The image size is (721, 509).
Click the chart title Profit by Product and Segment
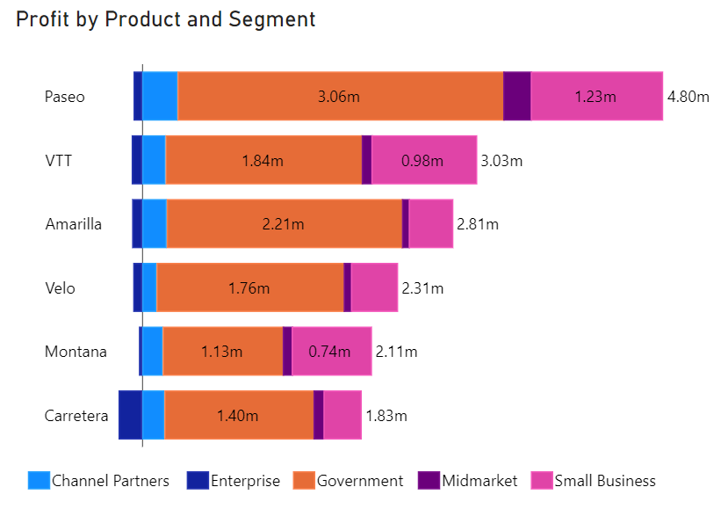pyautogui.click(x=166, y=19)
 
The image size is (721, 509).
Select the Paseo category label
pyautogui.click(x=65, y=97)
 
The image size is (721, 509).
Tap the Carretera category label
pyautogui.click(x=76, y=415)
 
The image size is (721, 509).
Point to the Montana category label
pyautogui.click(x=76, y=352)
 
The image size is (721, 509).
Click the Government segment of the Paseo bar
pyautogui.click(x=340, y=97)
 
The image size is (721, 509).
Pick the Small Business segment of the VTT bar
pyautogui.click(x=423, y=160)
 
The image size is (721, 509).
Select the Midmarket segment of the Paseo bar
pyautogui.click(x=516, y=97)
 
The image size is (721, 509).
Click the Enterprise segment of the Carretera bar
pyautogui.click(x=130, y=415)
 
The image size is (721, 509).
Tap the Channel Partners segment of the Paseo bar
pyautogui.click(x=160, y=97)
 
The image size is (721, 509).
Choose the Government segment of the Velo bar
pyautogui.click(x=249, y=287)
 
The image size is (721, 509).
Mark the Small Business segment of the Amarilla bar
pyautogui.click(x=430, y=224)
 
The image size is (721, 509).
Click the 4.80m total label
pyautogui.click(x=688, y=97)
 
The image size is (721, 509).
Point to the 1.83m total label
pyautogui.click(x=386, y=415)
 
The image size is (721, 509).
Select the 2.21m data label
pyautogui.click(x=283, y=224)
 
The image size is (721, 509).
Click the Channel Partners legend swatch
pyautogui.click(x=40, y=481)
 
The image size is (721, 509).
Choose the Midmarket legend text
pyautogui.click(x=479, y=481)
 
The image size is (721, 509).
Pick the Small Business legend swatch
pyautogui.click(x=540, y=481)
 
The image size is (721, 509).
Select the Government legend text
pyautogui.click(x=360, y=481)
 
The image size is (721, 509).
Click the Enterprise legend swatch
pyautogui.click(x=197, y=481)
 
